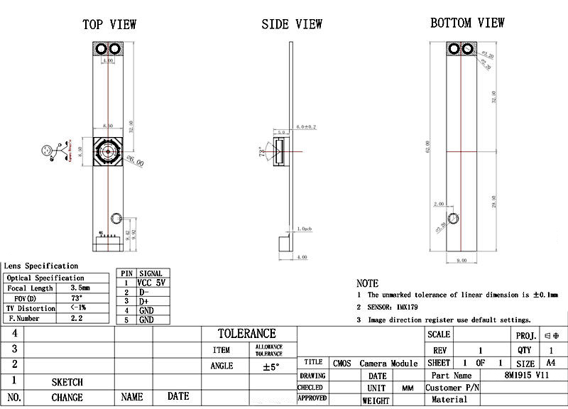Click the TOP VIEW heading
pyautogui.click(x=109, y=24)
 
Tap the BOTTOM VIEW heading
pyautogui.click(x=467, y=23)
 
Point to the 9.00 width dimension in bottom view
pyautogui.click(x=461, y=261)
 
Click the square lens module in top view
pyautogui.click(x=109, y=151)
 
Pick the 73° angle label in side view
pyautogui.click(x=261, y=152)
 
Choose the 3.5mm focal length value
pyautogui.click(x=80, y=288)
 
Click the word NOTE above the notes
pyautogui.click(x=367, y=283)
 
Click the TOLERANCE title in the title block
pyautogui.click(x=246, y=333)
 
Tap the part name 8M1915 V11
pyautogui.click(x=526, y=375)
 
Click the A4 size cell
pyautogui.click(x=551, y=362)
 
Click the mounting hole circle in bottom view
pyautogui.click(x=452, y=218)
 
